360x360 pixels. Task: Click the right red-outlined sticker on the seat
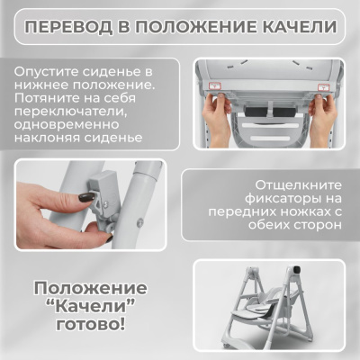319,82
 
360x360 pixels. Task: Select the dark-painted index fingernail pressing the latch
87,196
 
